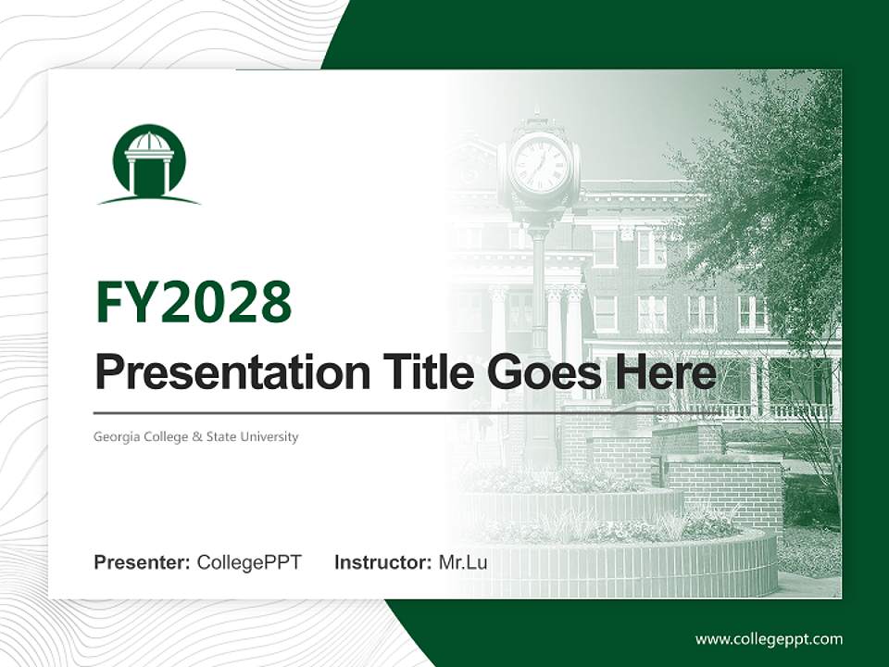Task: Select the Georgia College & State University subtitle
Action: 196,436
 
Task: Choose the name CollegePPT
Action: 249,562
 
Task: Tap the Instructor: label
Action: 382,562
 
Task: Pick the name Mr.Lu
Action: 463,562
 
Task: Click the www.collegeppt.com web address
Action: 769,639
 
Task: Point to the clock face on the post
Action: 539,165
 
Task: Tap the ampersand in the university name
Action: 197,436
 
